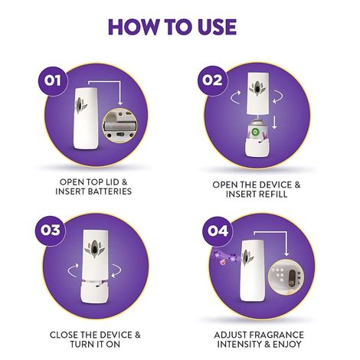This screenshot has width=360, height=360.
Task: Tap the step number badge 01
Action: pyautogui.click(x=51, y=80)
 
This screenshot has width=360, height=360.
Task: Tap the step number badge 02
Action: pyautogui.click(x=211, y=80)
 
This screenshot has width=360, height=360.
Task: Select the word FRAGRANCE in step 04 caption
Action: pyautogui.click(x=286, y=335)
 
